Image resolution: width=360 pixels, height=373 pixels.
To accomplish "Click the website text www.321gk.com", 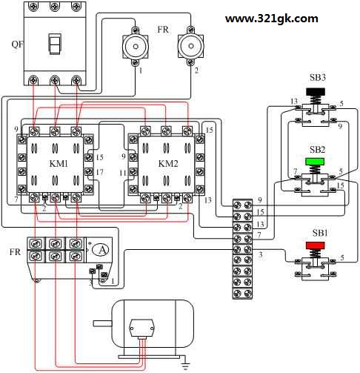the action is pos(271,19).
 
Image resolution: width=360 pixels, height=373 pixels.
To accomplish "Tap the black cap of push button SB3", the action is pos(316,92).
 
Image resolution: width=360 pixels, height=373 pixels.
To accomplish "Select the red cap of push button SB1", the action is pos(315,245).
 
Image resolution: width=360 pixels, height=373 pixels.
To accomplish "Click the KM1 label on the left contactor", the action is pos(59,163).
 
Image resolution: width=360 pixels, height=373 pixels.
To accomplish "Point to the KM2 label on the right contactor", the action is pos(168,163).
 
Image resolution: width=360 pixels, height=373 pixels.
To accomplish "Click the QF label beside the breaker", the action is pos(17,44).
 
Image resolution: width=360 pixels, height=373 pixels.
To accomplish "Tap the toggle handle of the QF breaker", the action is pos(54,44).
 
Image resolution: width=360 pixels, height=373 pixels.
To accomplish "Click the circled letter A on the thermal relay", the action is pos(100,250).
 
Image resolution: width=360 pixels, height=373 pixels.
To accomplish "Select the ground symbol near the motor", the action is pos(186,366).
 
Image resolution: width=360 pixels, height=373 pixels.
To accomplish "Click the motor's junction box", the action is pos(141,329).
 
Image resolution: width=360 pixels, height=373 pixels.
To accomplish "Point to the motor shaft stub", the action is pos(103,323).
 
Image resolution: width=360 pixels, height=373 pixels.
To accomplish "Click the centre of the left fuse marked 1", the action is pos(136,47).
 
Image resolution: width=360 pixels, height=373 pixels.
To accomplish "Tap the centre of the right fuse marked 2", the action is pos(191,46).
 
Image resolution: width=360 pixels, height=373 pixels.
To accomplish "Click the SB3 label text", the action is pos(318,77).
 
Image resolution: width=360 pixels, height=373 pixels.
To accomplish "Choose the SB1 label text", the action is pos(320,233).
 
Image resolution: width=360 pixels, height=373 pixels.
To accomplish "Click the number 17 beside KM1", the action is pos(99,172).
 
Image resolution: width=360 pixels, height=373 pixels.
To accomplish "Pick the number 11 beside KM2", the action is pos(123,173).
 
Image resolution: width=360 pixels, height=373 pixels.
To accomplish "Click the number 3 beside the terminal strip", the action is pos(260,254).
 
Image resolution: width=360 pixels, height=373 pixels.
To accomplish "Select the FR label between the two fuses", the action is pos(163,30).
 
